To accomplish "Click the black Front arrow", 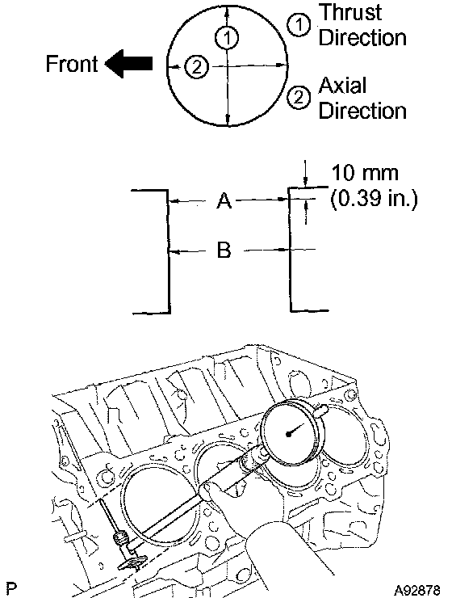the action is (129, 64).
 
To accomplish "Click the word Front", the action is (72, 64).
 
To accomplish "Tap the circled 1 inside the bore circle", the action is (227, 37).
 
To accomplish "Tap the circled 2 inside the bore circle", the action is (196, 67).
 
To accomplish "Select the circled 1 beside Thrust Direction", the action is (299, 25).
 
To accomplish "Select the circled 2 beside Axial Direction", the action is (299, 98).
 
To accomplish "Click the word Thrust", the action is (350, 13).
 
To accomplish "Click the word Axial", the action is (342, 86).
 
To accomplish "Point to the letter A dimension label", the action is (224, 200).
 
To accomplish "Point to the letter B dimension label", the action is (224, 251).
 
